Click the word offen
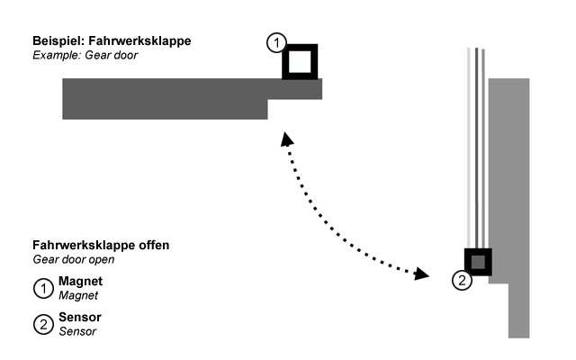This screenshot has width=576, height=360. tap(149, 245)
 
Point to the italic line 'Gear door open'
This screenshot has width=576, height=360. tap(72, 259)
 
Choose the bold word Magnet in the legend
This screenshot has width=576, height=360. tap(78, 282)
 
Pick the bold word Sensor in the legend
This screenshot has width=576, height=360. tap(77, 319)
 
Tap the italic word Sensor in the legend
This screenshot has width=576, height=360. tap(76, 331)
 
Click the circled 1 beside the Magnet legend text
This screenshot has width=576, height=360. tap(42, 288)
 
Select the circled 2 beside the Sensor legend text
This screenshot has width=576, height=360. tap(42, 325)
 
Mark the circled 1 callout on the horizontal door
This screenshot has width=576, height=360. tap(277, 43)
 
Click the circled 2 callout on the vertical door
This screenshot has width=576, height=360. tap(461, 280)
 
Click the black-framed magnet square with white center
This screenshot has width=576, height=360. tap(300, 62)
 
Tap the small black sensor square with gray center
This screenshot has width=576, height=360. tap(477, 262)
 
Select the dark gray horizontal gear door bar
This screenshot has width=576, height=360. tap(162, 97)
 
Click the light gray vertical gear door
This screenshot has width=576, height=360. tap(509, 180)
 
